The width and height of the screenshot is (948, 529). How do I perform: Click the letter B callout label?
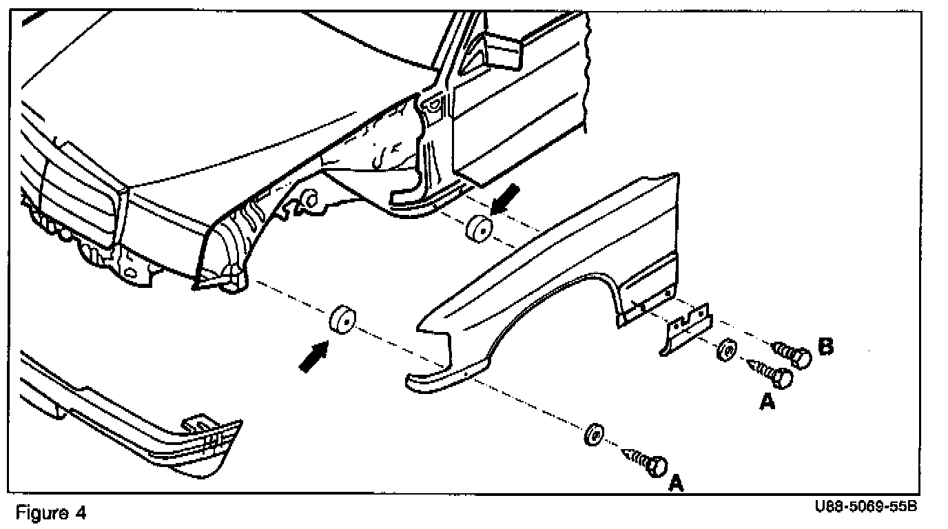pyautogui.click(x=824, y=346)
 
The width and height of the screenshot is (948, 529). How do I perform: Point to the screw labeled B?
pyautogui.click(x=792, y=353)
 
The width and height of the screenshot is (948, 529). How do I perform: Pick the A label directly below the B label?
pyautogui.click(x=767, y=402)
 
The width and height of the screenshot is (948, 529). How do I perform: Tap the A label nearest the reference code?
pyautogui.click(x=676, y=484)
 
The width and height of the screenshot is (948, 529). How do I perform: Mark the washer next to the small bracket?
pyautogui.click(x=725, y=350)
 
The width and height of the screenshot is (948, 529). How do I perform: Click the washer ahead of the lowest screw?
pyautogui.click(x=593, y=435)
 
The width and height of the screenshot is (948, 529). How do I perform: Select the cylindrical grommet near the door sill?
pyautogui.click(x=478, y=228)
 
